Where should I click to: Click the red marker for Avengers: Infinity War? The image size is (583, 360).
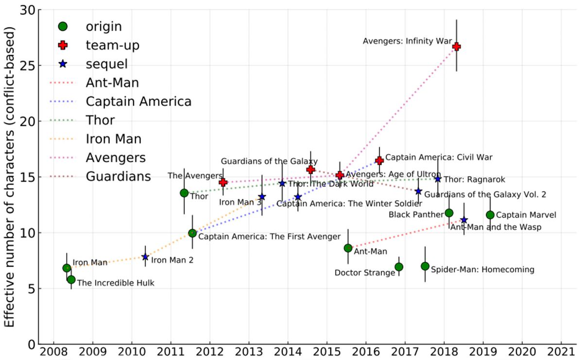pos(456,47)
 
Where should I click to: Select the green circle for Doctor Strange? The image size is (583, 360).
pos(399,267)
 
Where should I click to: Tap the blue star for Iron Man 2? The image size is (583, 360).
pos(145,257)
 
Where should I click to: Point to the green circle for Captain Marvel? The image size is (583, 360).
pos(490,215)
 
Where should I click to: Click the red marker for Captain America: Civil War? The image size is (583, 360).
pos(379,160)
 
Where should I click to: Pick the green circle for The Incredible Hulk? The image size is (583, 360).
pos(71,279)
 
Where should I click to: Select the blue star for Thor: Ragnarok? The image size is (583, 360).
pos(438,179)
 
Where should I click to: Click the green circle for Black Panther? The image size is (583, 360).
pos(449,213)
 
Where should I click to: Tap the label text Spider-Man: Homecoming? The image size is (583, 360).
pos(482,270)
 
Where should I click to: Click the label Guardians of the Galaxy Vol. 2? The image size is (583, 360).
pos(485,194)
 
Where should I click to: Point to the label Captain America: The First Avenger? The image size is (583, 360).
pos(269,237)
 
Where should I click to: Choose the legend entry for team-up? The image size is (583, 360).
pos(112,45)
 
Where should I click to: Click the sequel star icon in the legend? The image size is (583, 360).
pos(63,64)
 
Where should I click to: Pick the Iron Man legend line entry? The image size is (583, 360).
pos(113,139)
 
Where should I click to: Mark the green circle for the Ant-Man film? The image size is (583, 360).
pos(348,248)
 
